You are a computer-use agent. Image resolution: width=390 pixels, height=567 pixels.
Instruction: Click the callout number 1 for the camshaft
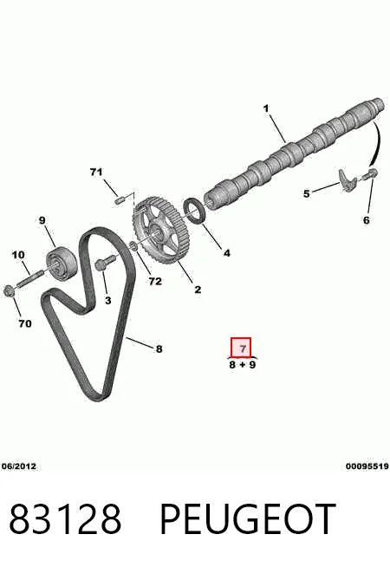(266, 108)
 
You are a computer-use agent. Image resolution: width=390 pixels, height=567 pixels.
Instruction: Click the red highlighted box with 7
(241, 347)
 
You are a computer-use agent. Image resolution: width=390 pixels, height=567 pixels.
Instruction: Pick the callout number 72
(155, 281)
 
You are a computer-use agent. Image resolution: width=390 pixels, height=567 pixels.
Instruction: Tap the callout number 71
(96, 173)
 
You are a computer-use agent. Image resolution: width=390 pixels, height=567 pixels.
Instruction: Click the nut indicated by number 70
(9, 290)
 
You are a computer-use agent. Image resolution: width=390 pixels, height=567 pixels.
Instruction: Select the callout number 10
(18, 255)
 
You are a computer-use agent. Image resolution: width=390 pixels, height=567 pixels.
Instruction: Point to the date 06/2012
(19, 466)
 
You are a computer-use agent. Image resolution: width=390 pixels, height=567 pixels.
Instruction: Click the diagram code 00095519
(367, 466)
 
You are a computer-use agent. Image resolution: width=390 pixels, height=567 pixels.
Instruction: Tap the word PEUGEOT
(248, 519)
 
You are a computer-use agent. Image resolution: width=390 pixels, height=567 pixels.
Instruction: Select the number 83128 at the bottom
(65, 519)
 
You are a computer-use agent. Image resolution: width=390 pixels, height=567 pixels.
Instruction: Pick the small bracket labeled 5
(347, 179)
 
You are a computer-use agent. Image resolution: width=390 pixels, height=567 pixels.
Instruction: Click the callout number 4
(226, 253)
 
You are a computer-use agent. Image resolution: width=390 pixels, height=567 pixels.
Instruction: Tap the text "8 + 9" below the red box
(242, 364)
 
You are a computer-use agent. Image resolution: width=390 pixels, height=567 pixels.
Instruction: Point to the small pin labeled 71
(120, 199)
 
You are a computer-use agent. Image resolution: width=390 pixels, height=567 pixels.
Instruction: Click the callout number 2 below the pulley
(198, 290)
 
